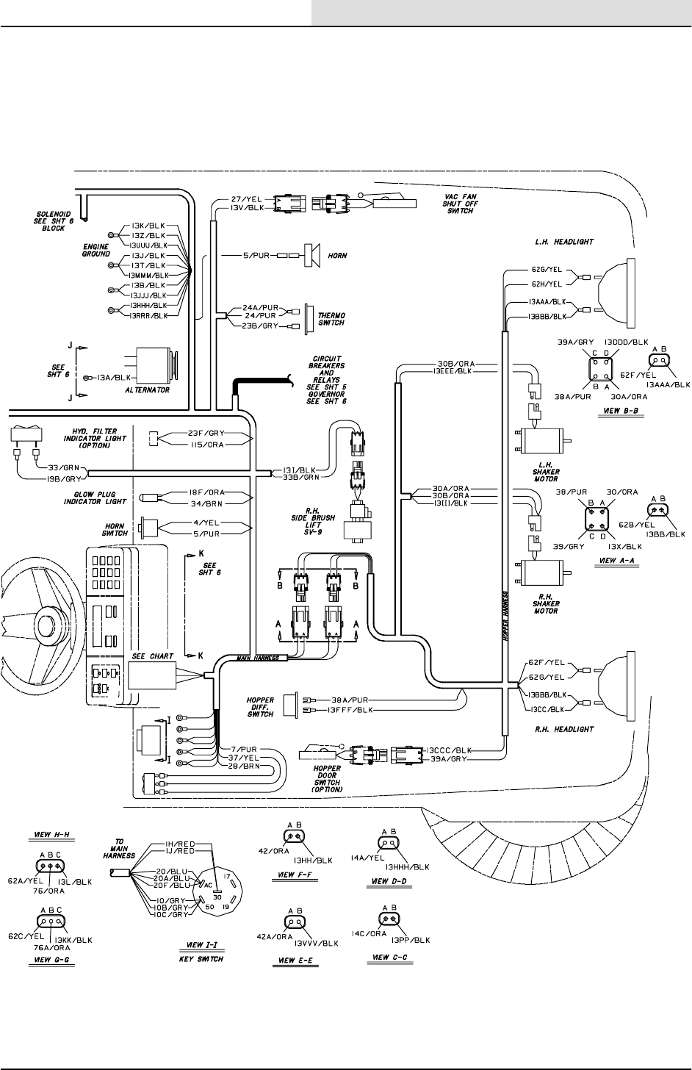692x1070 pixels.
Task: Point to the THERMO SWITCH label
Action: [x=329, y=318]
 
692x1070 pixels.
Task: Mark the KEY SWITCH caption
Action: [x=201, y=959]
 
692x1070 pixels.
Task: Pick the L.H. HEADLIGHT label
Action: [x=564, y=241]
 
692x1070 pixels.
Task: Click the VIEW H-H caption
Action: [x=52, y=836]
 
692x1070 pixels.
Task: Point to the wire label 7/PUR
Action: [x=242, y=748]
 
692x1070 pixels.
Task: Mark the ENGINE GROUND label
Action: [x=95, y=251]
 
